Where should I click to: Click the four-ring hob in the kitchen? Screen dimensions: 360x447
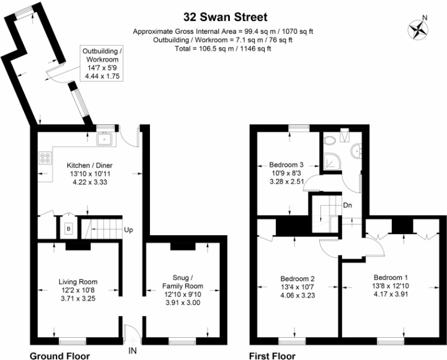pyautogui.click(x=46, y=158)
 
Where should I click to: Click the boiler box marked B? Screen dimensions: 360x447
pyautogui.click(x=68, y=229)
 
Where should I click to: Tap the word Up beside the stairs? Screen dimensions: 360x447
pyautogui.click(x=129, y=230)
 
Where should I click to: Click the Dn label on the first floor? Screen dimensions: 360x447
pyautogui.click(x=347, y=205)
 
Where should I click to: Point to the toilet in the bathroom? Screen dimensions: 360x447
pyautogui.click(x=329, y=141)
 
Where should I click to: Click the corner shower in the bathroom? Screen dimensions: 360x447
pyautogui.click(x=331, y=160)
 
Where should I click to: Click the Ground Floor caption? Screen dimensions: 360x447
pyautogui.click(x=60, y=355)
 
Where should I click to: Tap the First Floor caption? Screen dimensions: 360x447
pyautogui.click(x=273, y=355)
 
